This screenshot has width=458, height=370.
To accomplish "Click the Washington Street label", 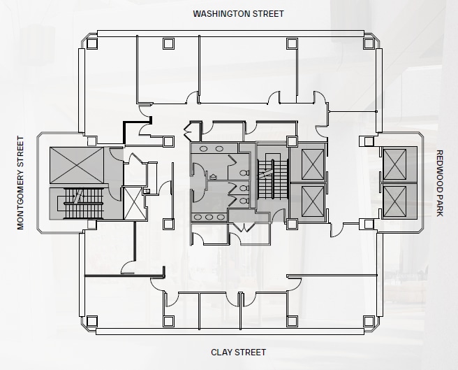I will coord(238,13).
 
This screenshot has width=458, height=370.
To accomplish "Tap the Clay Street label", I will coord(238,352).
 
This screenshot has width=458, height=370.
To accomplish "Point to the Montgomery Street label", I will coord(20,183).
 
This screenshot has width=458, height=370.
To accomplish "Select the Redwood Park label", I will coord(439,183).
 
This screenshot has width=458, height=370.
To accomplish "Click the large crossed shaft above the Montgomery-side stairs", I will coord(75,166).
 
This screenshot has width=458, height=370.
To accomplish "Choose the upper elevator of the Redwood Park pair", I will coord(399,165).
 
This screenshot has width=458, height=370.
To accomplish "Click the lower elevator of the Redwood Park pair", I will coord(399,201).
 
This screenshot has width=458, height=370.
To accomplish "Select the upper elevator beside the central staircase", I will coord(307,162).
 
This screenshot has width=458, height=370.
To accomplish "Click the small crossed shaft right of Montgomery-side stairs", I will coord(133,203).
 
